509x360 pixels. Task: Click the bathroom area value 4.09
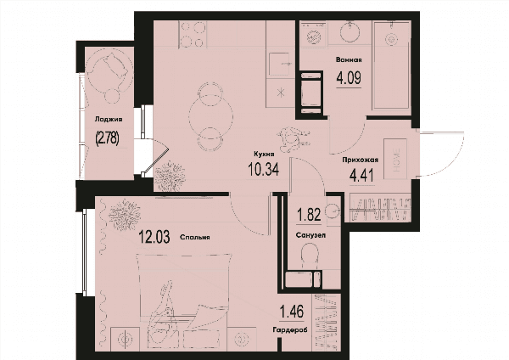tap(349, 77)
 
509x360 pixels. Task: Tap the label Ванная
tap(349, 59)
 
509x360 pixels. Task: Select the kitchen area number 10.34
tap(263, 169)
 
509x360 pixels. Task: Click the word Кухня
tap(264, 155)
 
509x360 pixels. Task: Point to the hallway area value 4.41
tap(361, 176)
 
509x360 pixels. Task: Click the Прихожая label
tap(361, 160)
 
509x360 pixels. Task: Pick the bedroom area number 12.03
tap(154, 237)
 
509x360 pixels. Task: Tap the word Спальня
tap(195, 237)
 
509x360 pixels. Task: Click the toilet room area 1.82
tap(310, 215)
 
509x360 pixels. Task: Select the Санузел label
tap(310, 235)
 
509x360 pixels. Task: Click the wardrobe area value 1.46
tap(292, 312)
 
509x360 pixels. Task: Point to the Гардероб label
tap(290, 330)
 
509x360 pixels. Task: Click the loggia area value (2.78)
tap(107, 138)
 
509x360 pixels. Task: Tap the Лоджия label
tap(109, 119)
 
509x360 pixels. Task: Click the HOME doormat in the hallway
tap(395, 159)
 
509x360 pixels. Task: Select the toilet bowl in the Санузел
tap(310, 256)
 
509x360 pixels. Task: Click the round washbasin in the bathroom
tap(350, 32)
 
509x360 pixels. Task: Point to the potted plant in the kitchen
tap(170, 176)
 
